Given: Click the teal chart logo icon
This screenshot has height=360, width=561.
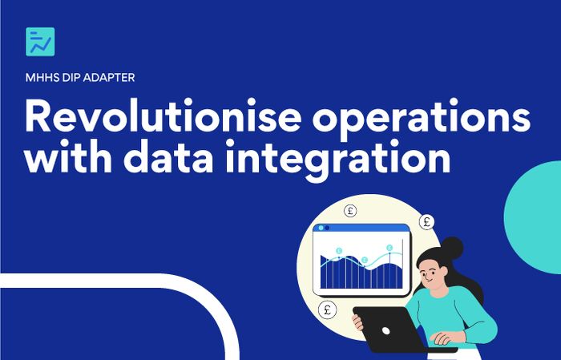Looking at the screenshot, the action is tap(40, 42).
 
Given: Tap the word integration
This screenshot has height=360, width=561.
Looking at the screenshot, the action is tap(337, 160).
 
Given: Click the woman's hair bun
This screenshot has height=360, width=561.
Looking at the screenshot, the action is tap(451, 248).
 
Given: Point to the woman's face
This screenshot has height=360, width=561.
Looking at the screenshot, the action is tap(432, 273).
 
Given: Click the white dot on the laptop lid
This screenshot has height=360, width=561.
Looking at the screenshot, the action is tap(385, 331).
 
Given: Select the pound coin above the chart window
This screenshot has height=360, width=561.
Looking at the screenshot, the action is tap(350, 210).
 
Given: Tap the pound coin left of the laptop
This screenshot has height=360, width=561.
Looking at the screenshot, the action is tap(327, 309).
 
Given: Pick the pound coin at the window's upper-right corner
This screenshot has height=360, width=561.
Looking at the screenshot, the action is tap(426, 222).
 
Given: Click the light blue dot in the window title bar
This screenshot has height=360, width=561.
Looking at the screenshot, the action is tap(321, 228).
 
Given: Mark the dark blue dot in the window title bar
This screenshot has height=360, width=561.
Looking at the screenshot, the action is tap(327, 228).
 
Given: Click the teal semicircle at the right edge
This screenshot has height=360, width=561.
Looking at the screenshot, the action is tap(533, 217).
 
